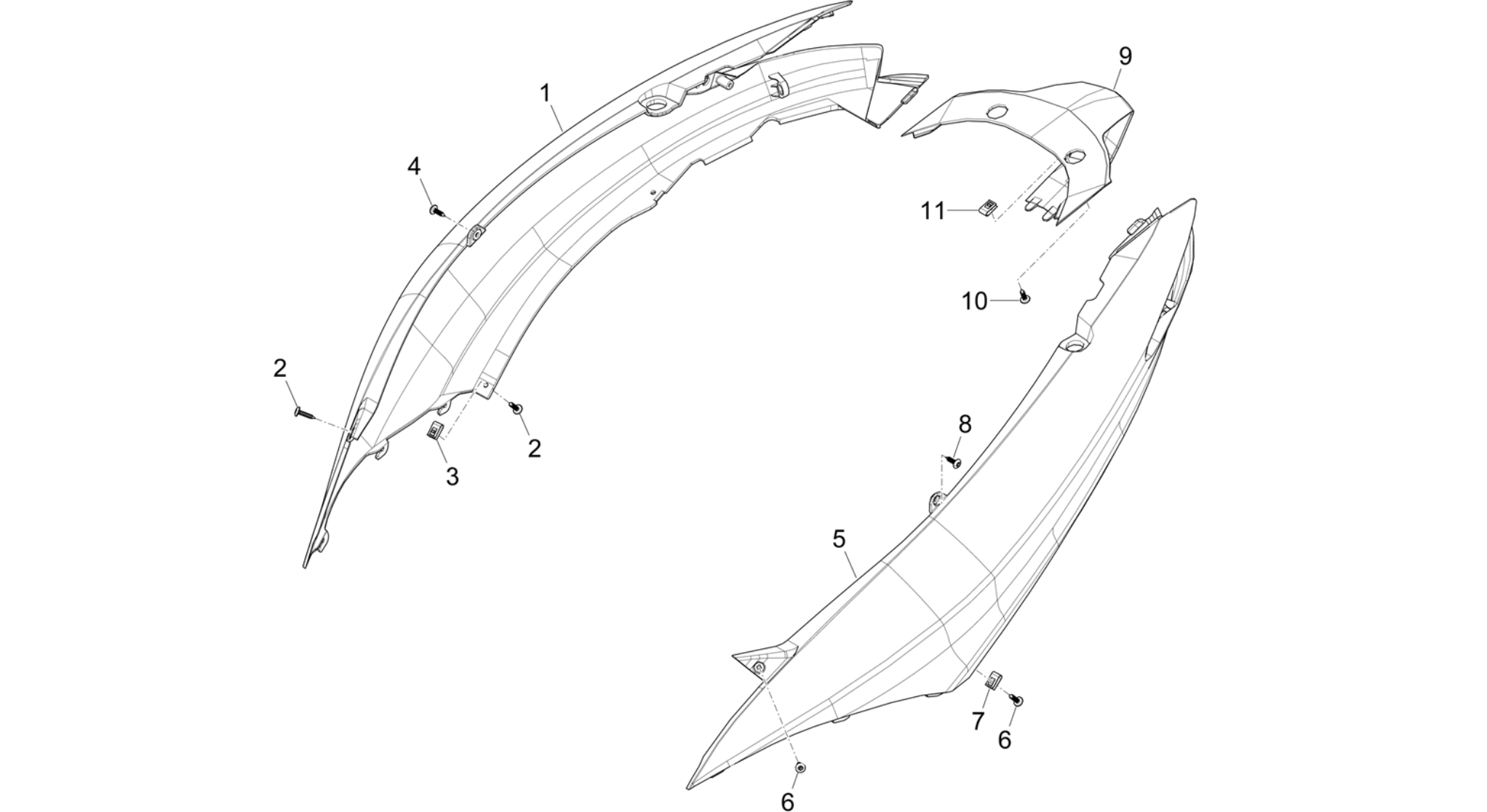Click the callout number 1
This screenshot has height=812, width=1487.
(545, 93)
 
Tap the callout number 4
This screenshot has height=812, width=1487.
(414, 167)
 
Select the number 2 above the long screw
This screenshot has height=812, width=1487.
(280, 368)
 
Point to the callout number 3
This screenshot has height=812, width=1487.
(453, 477)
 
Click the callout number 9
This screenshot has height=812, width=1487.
(1125, 56)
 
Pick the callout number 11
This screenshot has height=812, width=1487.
(933, 211)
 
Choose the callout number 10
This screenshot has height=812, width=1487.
(975, 300)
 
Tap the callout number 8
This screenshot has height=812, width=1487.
(965, 423)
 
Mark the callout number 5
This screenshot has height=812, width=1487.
(839, 539)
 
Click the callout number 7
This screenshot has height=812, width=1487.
(978, 721)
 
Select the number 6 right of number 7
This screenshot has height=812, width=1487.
(1005, 739)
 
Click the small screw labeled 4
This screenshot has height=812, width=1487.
(436, 210)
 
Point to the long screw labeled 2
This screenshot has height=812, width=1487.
(306, 413)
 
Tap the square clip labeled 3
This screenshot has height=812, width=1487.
(434, 431)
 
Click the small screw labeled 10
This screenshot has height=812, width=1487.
(1025, 295)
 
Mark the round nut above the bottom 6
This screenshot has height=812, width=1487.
(801, 768)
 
